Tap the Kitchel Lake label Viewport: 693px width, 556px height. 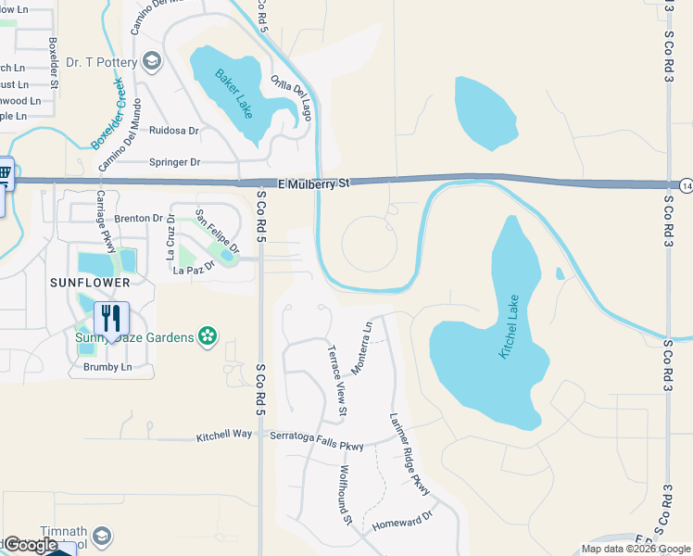coord(510,327)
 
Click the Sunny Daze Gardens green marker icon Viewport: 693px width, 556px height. coord(208,335)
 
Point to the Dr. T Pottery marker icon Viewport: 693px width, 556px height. coord(153,62)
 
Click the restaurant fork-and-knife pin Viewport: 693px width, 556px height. coord(111,319)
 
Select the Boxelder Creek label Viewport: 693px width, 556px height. coord(108,115)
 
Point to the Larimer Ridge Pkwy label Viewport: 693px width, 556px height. coord(410,452)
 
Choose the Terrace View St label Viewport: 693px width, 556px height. coord(337,380)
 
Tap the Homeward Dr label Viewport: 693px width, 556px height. coord(402,524)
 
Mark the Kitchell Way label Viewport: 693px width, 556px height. coord(224,435)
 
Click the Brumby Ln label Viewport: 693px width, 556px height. coord(107,367)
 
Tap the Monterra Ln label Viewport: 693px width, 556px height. coord(360,342)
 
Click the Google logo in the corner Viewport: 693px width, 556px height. coord(31,545)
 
